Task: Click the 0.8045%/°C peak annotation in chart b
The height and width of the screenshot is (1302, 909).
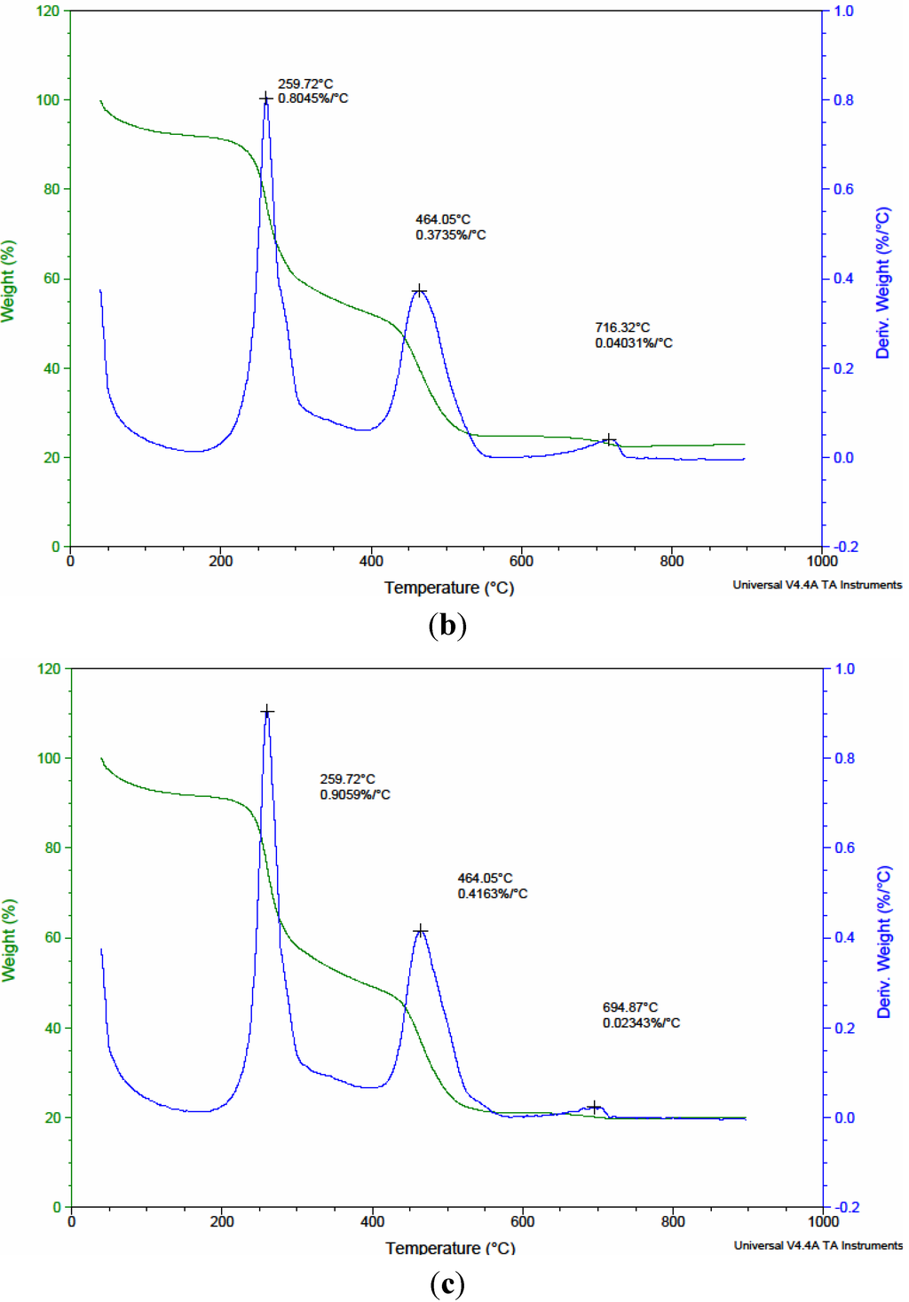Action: click(312, 99)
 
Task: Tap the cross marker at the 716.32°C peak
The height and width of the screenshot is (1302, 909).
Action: click(609, 440)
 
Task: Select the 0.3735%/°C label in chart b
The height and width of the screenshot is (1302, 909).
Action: click(450, 235)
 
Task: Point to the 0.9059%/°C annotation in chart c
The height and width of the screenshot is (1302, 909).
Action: click(355, 794)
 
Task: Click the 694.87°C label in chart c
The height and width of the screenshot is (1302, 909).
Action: click(629, 1007)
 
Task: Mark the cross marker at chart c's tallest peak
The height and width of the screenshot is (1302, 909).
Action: click(267, 712)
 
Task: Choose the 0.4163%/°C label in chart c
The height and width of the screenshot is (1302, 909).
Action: click(492, 894)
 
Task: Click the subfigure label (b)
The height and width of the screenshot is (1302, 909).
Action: click(447, 626)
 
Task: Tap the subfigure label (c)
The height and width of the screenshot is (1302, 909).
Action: click(447, 1284)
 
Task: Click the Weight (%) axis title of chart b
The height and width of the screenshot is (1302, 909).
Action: click(9, 280)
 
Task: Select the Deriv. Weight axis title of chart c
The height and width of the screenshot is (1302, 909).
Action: click(884, 942)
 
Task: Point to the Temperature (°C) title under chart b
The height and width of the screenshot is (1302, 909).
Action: click(448, 588)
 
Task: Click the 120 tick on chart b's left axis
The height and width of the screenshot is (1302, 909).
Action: click(48, 12)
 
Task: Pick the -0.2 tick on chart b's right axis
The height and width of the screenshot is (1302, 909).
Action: click(845, 547)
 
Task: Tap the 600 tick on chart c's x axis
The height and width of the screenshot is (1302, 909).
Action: click(522, 1222)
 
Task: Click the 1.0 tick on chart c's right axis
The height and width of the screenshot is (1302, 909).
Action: click(844, 669)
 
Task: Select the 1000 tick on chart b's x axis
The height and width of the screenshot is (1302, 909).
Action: click(822, 561)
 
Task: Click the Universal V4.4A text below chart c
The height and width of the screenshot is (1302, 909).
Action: click(818, 1245)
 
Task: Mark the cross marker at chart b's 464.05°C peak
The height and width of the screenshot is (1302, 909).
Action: click(420, 291)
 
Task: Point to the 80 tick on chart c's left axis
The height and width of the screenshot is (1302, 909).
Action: click(52, 848)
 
